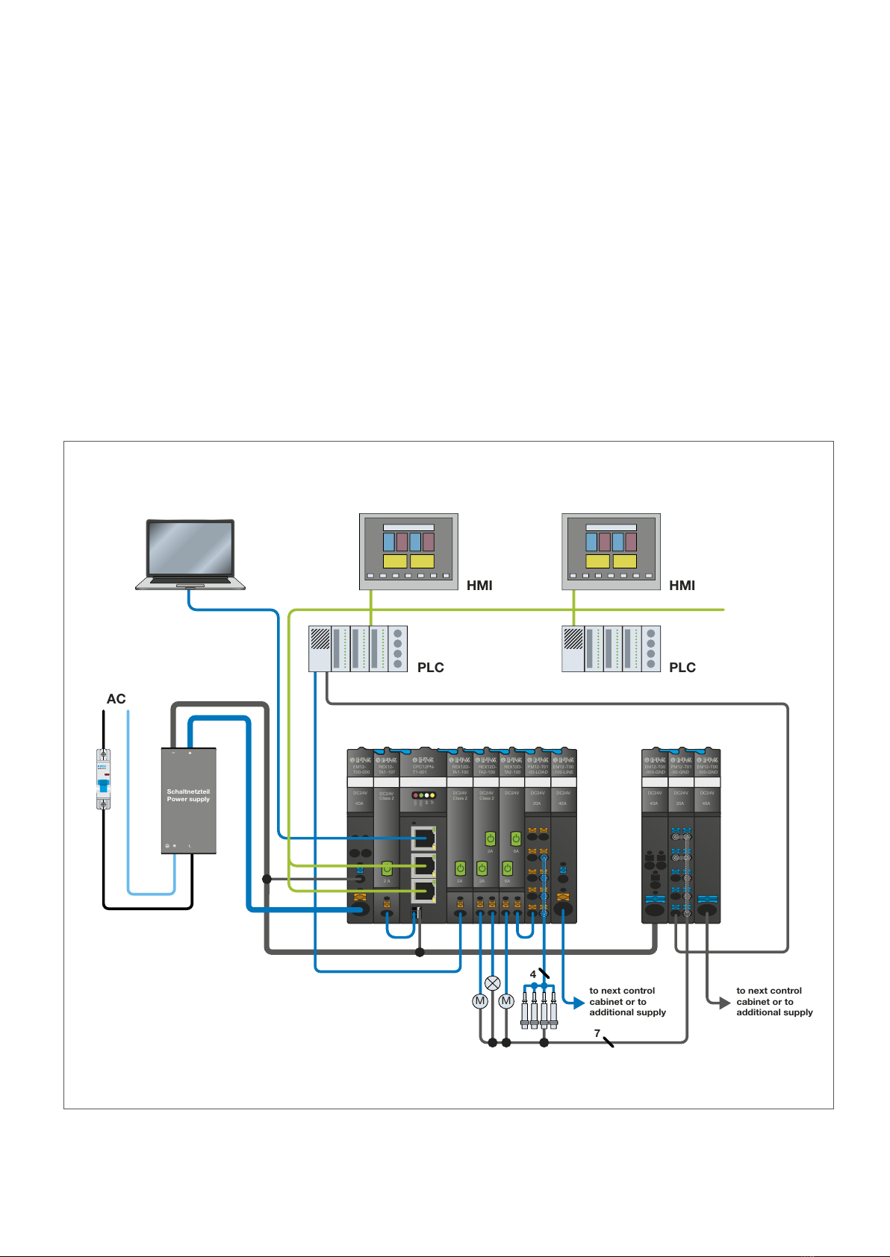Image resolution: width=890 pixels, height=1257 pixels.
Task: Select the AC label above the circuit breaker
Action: point(116,699)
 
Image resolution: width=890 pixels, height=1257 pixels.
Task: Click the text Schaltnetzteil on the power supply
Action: point(188,791)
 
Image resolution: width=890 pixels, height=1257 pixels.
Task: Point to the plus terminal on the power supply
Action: point(190,753)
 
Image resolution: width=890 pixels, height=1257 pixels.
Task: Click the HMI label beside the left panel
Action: point(479,586)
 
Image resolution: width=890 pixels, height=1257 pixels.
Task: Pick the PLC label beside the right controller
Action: point(682,668)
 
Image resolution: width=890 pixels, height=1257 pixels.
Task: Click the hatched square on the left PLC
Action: point(320,639)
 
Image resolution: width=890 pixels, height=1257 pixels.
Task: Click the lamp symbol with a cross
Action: point(492,982)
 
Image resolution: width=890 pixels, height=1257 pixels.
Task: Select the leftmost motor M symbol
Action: point(480,1001)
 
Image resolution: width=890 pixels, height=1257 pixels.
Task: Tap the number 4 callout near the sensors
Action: point(532,974)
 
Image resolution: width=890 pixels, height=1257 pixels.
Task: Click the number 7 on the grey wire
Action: point(597,1033)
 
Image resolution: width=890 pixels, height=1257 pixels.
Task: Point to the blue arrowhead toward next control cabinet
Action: point(578,1003)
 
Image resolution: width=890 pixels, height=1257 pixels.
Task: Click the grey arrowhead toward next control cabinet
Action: point(724,1003)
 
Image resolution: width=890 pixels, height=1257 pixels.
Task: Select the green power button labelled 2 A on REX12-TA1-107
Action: point(387,868)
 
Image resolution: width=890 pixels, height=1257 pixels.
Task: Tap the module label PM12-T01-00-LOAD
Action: point(538,769)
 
